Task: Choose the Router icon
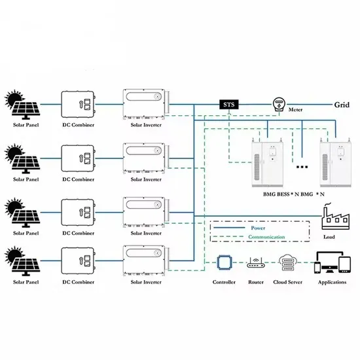pyautogui.click(x=255, y=264)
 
